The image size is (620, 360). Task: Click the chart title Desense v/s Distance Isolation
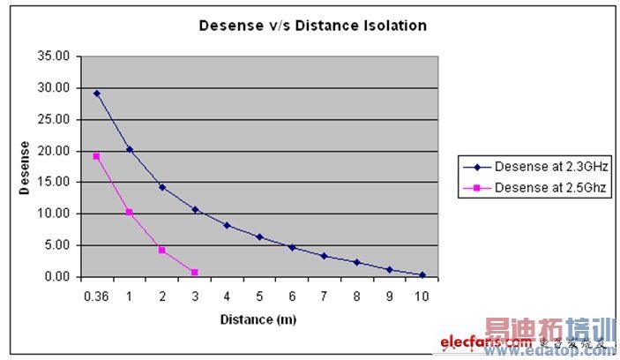(312, 26)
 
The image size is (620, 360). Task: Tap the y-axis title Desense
(26, 168)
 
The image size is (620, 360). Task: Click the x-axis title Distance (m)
(260, 318)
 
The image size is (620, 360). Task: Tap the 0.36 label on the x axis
(95, 297)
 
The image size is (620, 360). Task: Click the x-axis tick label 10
(422, 297)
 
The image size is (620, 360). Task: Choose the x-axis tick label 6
(292, 297)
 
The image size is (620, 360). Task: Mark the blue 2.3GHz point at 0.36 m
(97, 93)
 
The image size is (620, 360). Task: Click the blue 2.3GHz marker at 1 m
(130, 149)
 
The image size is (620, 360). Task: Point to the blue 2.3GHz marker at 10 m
(422, 274)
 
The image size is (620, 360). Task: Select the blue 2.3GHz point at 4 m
(227, 225)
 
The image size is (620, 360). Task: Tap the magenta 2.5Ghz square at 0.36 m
(96, 156)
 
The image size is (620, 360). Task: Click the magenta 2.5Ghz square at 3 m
(194, 272)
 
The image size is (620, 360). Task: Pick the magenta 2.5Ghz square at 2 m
(162, 250)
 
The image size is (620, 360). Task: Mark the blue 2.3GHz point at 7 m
(325, 256)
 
